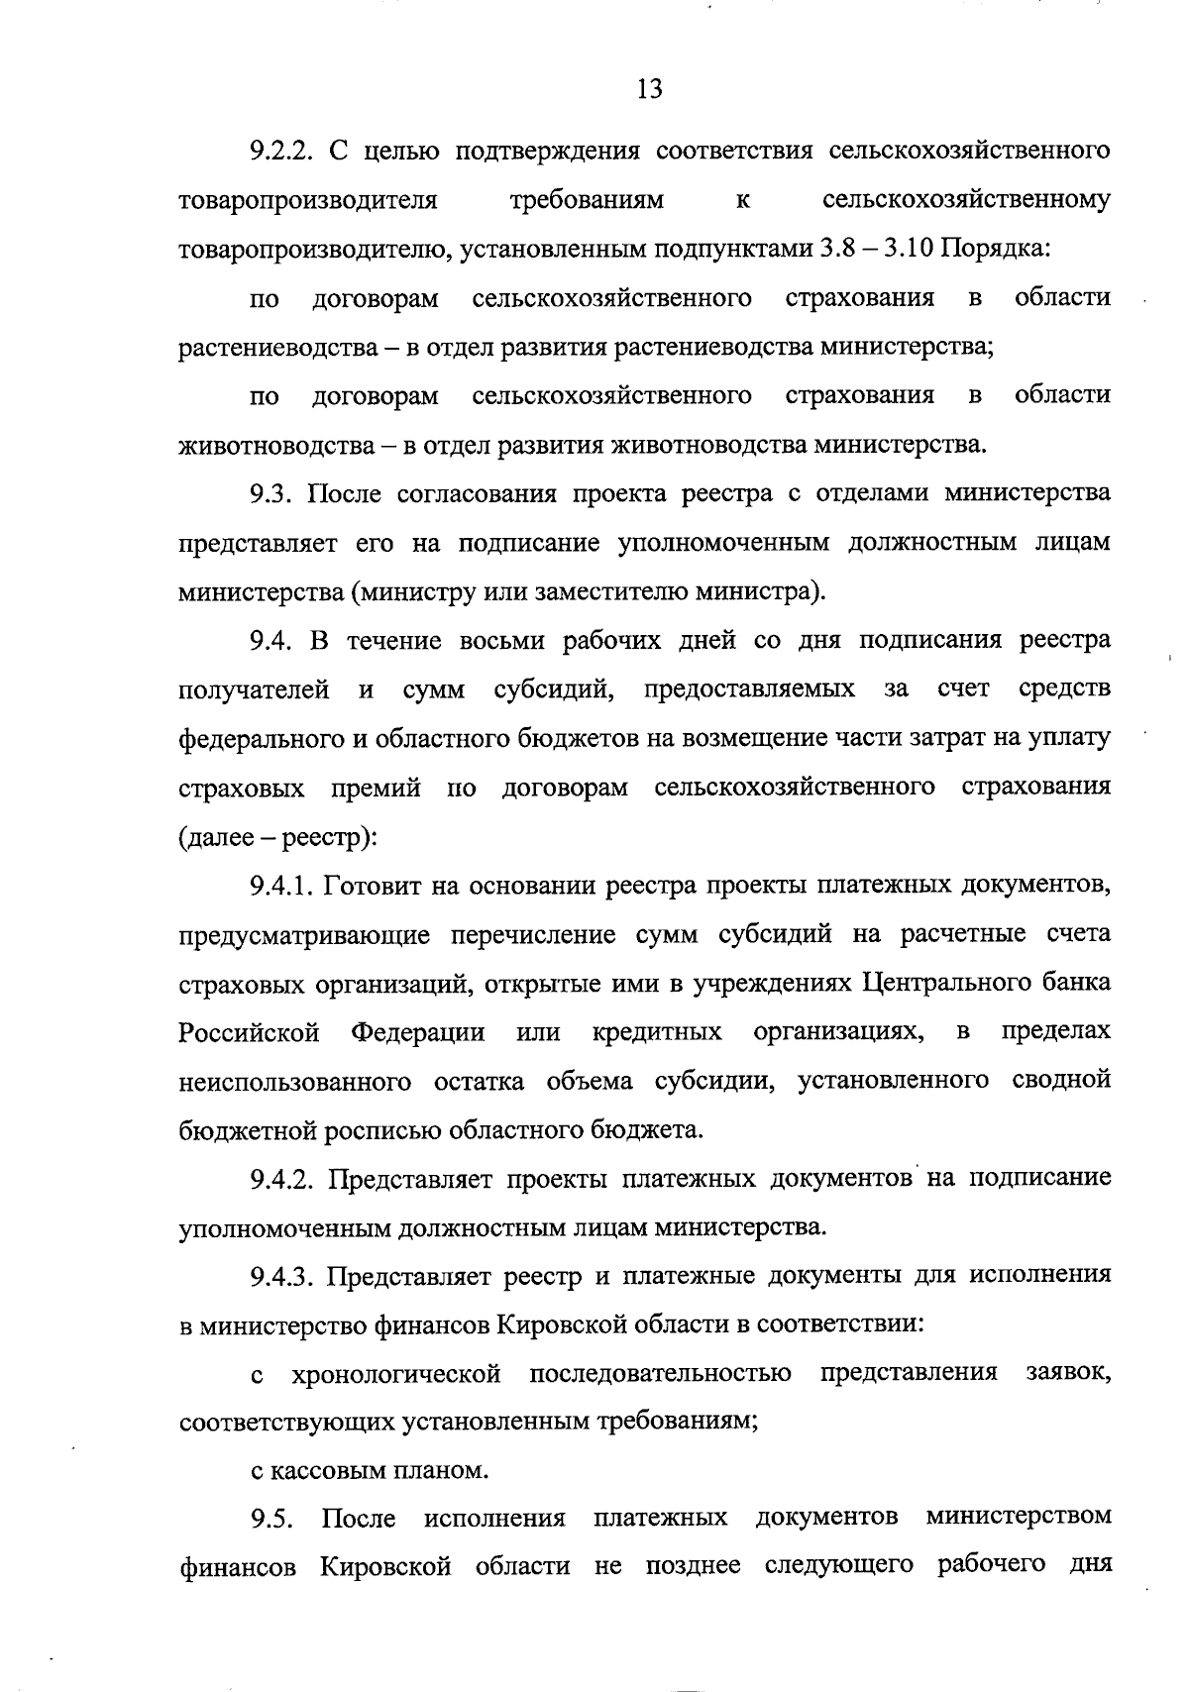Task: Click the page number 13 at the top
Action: [x=649, y=90]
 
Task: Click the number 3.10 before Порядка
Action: [x=904, y=249]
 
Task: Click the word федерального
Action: [x=261, y=739]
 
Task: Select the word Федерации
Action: [x=418, y=1032]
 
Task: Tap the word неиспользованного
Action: [x=295, y=1081]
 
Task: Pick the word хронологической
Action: [x=396, y=1375]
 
